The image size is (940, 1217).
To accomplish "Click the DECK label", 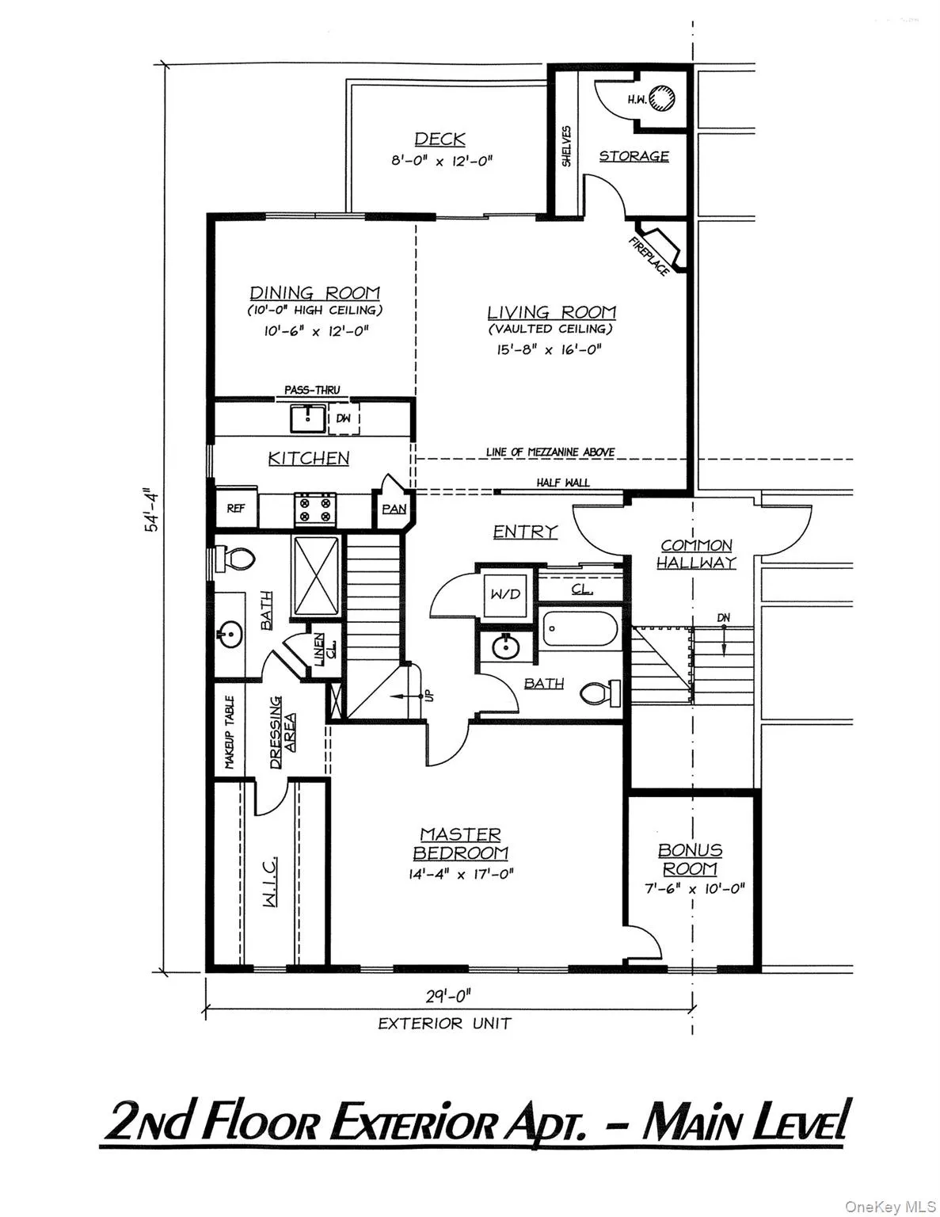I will click(x=440, y=139).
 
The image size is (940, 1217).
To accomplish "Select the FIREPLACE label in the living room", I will click(x=649, y=256).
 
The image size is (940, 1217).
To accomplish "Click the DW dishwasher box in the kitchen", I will click(x=344, y=418).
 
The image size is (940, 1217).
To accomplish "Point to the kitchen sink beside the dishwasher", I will click(x=307, y=418).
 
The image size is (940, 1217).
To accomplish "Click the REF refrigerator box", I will click(x=236, y=508).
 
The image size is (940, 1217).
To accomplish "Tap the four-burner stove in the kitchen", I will click(x=315, y=508).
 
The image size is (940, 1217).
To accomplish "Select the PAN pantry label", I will click(x=394, y=509).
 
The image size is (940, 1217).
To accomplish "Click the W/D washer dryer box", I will click(x=504, y=593).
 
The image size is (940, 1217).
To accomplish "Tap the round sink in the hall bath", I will click(x=505, y=647).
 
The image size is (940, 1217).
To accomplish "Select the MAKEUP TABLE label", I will click(x=230, y=733).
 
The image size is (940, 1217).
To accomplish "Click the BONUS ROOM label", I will click(x=691, y=859).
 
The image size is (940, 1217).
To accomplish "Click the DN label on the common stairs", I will click(x=723, y=618).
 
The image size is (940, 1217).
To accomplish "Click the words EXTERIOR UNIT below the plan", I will click(x=444, y=1024).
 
